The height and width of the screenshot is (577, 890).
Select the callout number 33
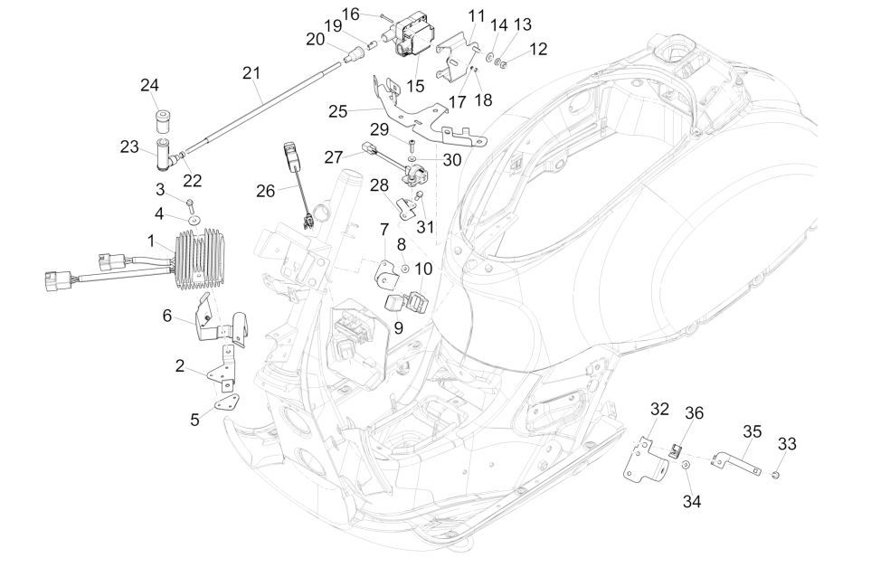coord(787,443)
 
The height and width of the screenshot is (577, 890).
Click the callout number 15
coord(415,86)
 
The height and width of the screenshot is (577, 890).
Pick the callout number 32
coord(659,409)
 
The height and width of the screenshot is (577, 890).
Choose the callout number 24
coord(149,86)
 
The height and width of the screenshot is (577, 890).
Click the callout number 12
coord(539,49)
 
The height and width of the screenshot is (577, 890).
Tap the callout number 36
coord(694,412)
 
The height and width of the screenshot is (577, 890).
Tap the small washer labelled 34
coord(686,466)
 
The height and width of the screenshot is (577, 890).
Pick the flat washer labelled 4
coord(192,218)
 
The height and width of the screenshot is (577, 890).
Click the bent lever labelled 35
coord(738,459)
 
